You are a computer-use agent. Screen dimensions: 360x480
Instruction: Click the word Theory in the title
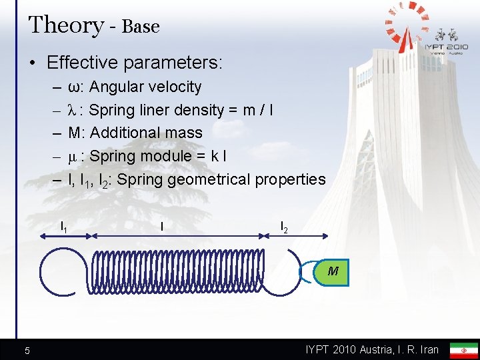pos(66,25)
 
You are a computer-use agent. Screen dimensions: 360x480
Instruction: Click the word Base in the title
pos(141,27)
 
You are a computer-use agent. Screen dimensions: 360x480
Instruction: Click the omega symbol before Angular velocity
pos(73,87)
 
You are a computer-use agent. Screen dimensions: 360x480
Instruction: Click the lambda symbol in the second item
pos(73,110)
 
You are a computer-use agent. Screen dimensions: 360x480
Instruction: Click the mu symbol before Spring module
pos(73,157)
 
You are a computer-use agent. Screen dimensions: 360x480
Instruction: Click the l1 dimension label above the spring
pos(64,226)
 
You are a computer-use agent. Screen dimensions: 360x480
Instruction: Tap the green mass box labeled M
pos(333,271)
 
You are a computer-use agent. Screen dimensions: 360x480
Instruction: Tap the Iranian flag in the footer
pos(464,350)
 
